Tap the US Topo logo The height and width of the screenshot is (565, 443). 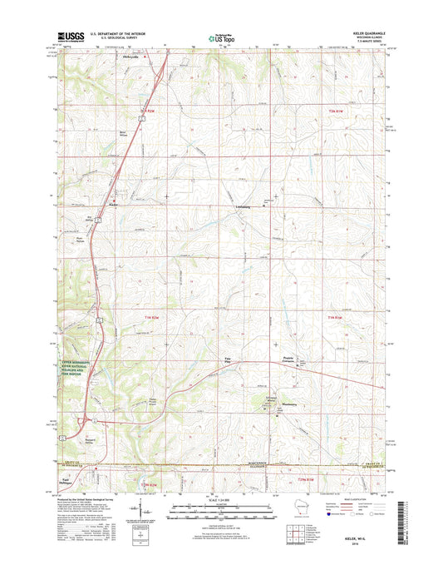coord(221,37)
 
